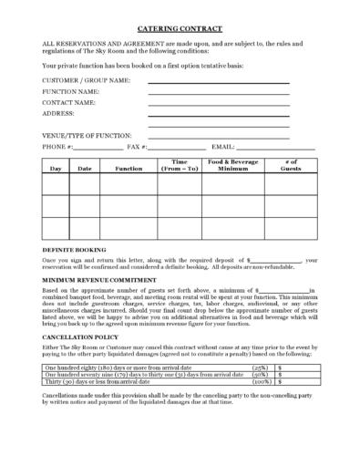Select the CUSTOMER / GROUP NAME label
85,81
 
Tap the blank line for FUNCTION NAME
218,93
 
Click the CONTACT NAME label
68,103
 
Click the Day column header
56,168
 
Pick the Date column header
85,168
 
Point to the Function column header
129,168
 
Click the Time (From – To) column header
180,165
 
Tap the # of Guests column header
290,165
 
